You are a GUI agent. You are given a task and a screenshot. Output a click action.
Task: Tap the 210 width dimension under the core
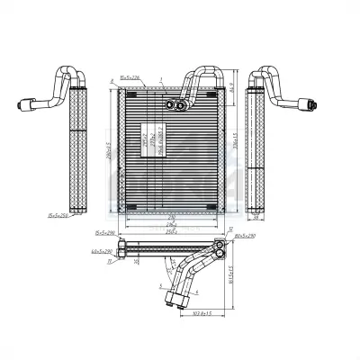coord(171,216)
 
